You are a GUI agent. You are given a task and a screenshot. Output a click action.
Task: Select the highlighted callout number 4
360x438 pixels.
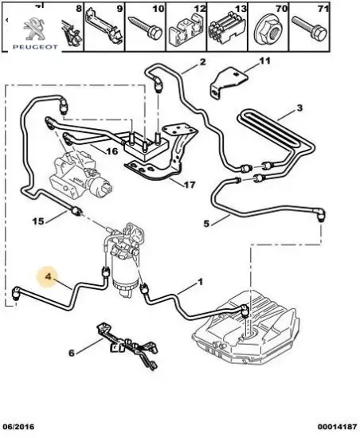pos(49,278)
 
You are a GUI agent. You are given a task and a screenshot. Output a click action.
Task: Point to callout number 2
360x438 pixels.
pos(202,63)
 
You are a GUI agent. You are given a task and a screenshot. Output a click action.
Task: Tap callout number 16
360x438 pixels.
pos(112,149)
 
